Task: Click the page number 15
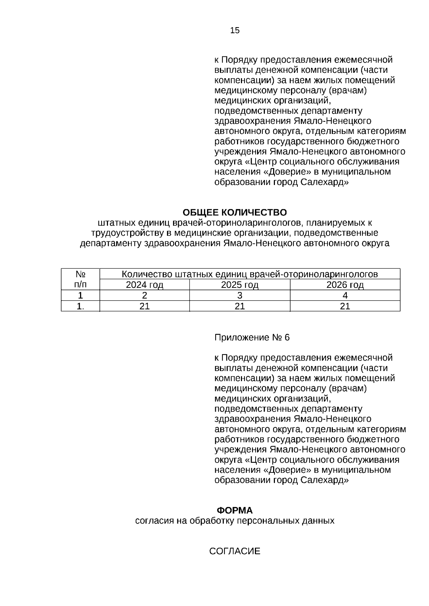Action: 235,30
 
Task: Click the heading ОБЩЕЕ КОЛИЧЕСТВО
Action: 235,212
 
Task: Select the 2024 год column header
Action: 144,285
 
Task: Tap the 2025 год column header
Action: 240,285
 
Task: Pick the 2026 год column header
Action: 345,285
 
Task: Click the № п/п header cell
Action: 80,279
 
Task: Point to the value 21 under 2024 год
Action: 144,306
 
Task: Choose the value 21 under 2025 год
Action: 240,306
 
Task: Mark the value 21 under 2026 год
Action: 345,306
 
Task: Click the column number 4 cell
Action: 345,295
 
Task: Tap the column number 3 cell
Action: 240,295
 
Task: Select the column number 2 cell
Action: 144,295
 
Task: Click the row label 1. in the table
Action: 80,306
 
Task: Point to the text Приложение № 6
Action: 252,337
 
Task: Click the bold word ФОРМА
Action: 235,510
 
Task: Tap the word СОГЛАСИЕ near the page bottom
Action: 235,551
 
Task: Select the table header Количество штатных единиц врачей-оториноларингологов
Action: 250,274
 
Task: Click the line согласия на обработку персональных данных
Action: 235,521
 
